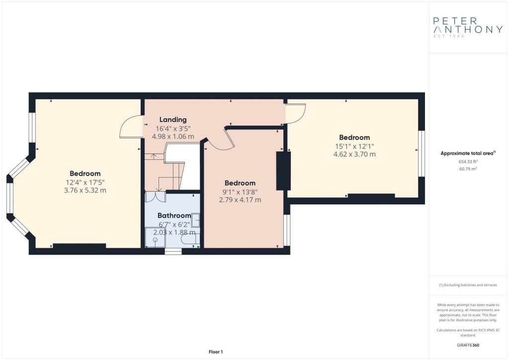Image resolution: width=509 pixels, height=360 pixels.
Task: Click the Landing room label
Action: [x=172, y=119]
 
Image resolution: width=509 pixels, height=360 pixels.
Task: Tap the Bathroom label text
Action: [x=174, y=215]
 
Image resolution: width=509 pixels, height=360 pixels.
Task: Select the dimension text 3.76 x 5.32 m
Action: [x=85, y=190]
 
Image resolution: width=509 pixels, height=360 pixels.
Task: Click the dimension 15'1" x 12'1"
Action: [x=354, y=146]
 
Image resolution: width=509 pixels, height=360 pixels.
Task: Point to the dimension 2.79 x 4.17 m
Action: [x=240, y=199]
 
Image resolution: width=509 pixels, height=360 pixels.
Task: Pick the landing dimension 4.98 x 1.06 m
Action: [x=173, y=136]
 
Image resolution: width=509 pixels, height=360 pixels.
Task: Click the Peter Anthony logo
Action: [x=468, y=27]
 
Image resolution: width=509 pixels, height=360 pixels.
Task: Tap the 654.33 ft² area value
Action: [x=468, y=161]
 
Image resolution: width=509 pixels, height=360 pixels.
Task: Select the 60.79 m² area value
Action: [x=468, y=169]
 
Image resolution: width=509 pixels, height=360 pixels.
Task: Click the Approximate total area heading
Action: [x=468, y=153]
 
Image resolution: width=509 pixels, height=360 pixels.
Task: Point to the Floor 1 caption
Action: [x=216, y=352]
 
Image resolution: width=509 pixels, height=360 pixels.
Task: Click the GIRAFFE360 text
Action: [x=468, y=345]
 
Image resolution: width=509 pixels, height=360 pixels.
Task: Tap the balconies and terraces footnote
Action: [x=468, y=285]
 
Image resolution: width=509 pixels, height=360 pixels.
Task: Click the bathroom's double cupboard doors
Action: [x=155, y=197]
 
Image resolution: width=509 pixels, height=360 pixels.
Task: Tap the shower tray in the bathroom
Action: [x=155, y=237]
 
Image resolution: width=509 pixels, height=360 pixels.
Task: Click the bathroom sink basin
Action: [x=195, y=220]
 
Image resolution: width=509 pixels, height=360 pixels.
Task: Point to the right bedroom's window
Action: [x=422, y=154]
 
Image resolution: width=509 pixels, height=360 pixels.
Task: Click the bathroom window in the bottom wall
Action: [x=173, y=251]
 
